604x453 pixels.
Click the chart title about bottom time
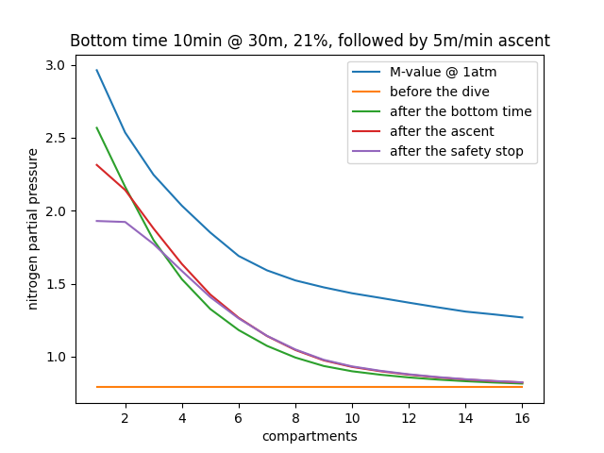310,41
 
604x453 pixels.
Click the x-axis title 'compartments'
310,436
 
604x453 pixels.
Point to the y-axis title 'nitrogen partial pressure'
33,228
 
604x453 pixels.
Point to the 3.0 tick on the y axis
55,65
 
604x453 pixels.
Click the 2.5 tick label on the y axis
55,138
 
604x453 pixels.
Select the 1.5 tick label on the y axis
55,284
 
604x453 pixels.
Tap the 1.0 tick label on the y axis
55,357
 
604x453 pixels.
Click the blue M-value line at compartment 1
96,70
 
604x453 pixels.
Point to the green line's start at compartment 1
96,127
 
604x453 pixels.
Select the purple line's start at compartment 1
96,221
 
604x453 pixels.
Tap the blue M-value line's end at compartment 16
522,317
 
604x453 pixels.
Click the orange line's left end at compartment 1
96,387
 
